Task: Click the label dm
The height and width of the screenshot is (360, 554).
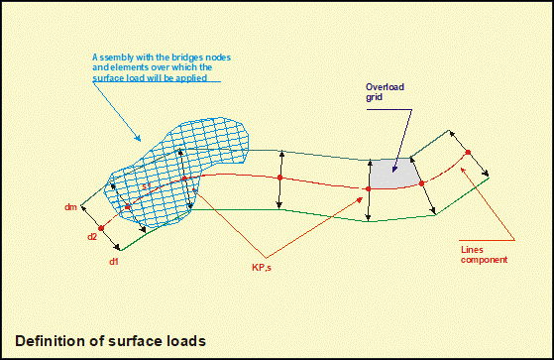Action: pyautogui.click(x=70, y=207)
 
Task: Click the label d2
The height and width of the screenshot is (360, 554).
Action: pyautogui.click(x=92, y=237)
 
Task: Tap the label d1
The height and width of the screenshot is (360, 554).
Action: pyautogui.click(x=113, y=262)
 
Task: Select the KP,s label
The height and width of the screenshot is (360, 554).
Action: pyautogui.click(x=262, y=268)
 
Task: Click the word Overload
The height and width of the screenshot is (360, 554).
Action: pyautogui.click(x=385, y=87)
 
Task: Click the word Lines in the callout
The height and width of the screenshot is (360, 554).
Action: pyautogui.click(x=472, y=250)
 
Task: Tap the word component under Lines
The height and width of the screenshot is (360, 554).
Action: pyautogui.click(x=484, y=260)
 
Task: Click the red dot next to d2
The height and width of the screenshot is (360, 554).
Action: pyautogui.click(x=101, y=228)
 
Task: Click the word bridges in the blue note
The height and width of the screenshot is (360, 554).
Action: pyautogui.click(x=186, y=58)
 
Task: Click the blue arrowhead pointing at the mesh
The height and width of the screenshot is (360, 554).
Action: pyautogui.click(x=138, y=138)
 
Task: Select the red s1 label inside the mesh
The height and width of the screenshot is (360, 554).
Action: pyautogui.click(x=147, y=185)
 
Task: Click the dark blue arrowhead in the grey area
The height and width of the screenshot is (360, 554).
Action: pyautogui.click(x=394, y=169)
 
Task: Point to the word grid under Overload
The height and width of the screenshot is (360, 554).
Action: pyautogui.click(x=375, y=97)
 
